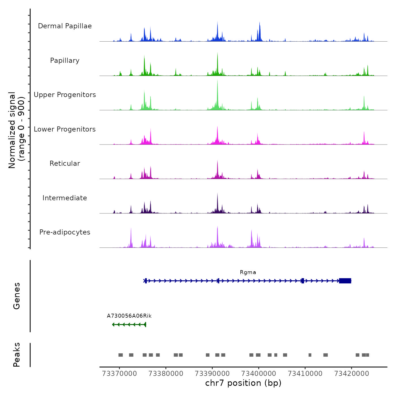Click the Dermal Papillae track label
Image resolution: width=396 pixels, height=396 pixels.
coord(65,26)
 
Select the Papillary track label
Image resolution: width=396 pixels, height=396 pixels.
coord(65,61)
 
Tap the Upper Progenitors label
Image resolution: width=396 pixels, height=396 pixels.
coord(65,95)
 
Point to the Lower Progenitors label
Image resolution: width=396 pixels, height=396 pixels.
coord(65,129)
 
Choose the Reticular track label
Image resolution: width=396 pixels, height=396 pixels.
coord(65,163)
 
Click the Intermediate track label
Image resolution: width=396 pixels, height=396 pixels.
coord(65,198)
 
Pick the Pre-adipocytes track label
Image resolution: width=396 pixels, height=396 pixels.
coord(65,232)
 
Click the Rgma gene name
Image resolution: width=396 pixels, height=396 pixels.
coord(248,272)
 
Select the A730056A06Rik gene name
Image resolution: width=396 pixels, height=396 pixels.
coord(129,316)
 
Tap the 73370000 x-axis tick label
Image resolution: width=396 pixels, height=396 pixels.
coord(119,374)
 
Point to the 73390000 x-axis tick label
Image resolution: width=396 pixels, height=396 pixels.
coord(212,374)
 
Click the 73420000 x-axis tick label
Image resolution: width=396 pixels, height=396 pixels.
coord(352,374)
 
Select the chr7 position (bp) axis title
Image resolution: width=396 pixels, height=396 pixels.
coord(243,383)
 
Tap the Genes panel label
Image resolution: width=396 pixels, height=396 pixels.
coord(17,296)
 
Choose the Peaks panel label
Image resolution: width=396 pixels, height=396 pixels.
coord(17,355)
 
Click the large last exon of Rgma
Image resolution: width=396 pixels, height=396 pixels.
coord(345,281)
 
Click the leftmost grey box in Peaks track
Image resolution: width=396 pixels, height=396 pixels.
coord(120,355)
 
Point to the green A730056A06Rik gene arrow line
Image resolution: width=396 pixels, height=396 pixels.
coord(129,324)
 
